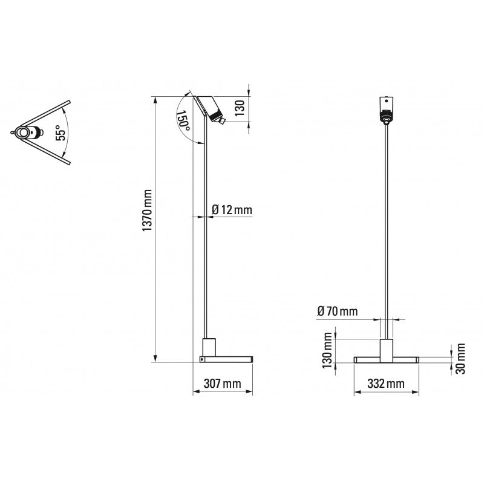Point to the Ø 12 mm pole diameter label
click(232, 210)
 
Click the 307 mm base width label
click(223, 384)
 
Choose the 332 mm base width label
click(386, 384)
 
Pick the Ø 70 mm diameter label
click(337, 312)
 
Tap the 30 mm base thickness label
click(460, 359)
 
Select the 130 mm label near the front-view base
click(328, 350)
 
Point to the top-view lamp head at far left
click(25, 132)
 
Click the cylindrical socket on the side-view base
click(208, 347)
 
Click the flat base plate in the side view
click(226, 359)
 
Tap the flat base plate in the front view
click(386, 359)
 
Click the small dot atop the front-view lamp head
click(385, 99)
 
